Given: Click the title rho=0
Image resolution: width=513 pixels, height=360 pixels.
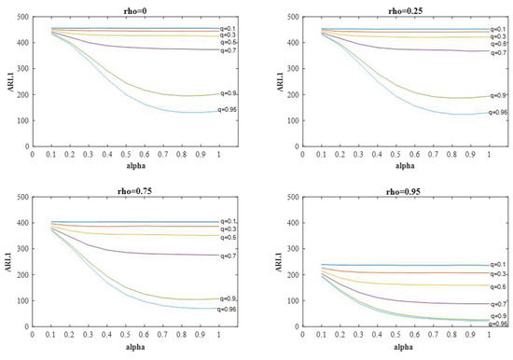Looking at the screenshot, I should click(128, 11).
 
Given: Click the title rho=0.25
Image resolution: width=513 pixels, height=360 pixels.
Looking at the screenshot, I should click(391, 11).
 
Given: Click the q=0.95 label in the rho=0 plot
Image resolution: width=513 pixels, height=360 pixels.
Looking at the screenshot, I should click(230, 110).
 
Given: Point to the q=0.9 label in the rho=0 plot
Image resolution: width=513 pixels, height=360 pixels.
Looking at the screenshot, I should click(229, 93).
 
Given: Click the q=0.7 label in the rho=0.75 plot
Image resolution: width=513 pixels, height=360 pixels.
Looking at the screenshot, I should click(229, 256).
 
